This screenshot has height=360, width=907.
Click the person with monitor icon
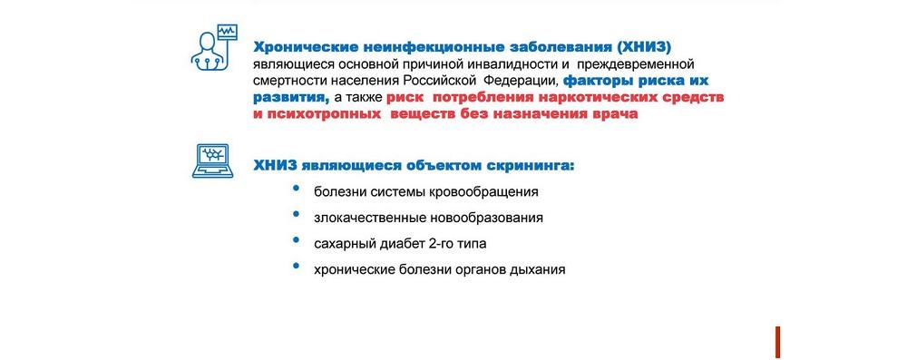coord(213,47)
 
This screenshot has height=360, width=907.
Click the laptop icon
coord(212,161)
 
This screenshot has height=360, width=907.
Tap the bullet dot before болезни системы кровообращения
coord(297,188)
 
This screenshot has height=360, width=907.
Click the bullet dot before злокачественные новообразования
coord(297,214)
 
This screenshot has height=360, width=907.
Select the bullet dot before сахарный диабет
coord(297,239)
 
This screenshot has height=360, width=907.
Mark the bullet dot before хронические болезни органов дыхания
coord(297,265)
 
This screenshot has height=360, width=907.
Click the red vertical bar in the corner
coord(778,342)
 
